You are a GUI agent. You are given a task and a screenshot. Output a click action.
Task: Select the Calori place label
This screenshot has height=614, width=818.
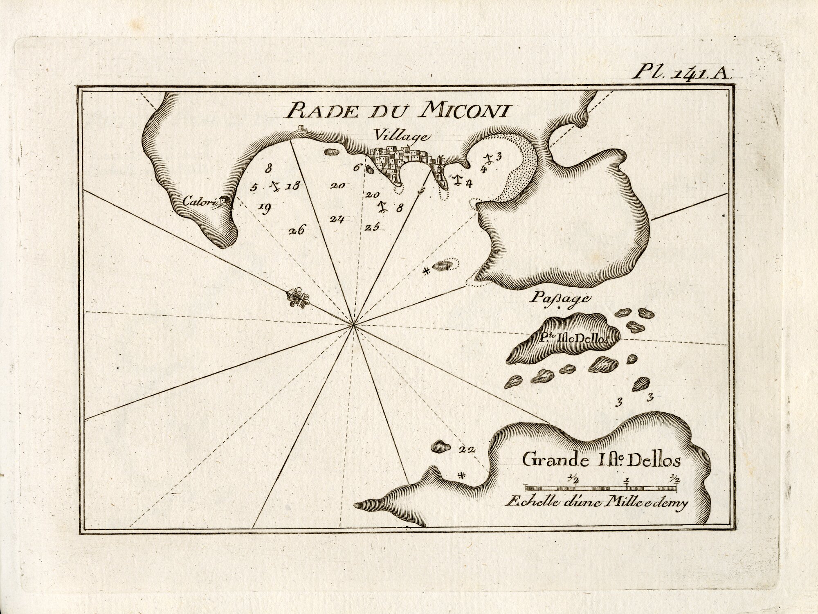click(x=197, y=201)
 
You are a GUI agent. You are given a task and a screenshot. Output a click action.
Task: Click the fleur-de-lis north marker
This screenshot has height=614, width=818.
click(x=299, y=298)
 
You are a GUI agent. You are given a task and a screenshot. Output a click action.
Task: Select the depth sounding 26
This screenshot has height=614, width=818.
click(x=296, y=231)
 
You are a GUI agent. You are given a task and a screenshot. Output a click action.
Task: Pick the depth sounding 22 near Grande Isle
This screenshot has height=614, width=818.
click(x=467, y=450)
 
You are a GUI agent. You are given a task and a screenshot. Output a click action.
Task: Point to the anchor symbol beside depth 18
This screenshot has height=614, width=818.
click(x=275, y=187)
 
